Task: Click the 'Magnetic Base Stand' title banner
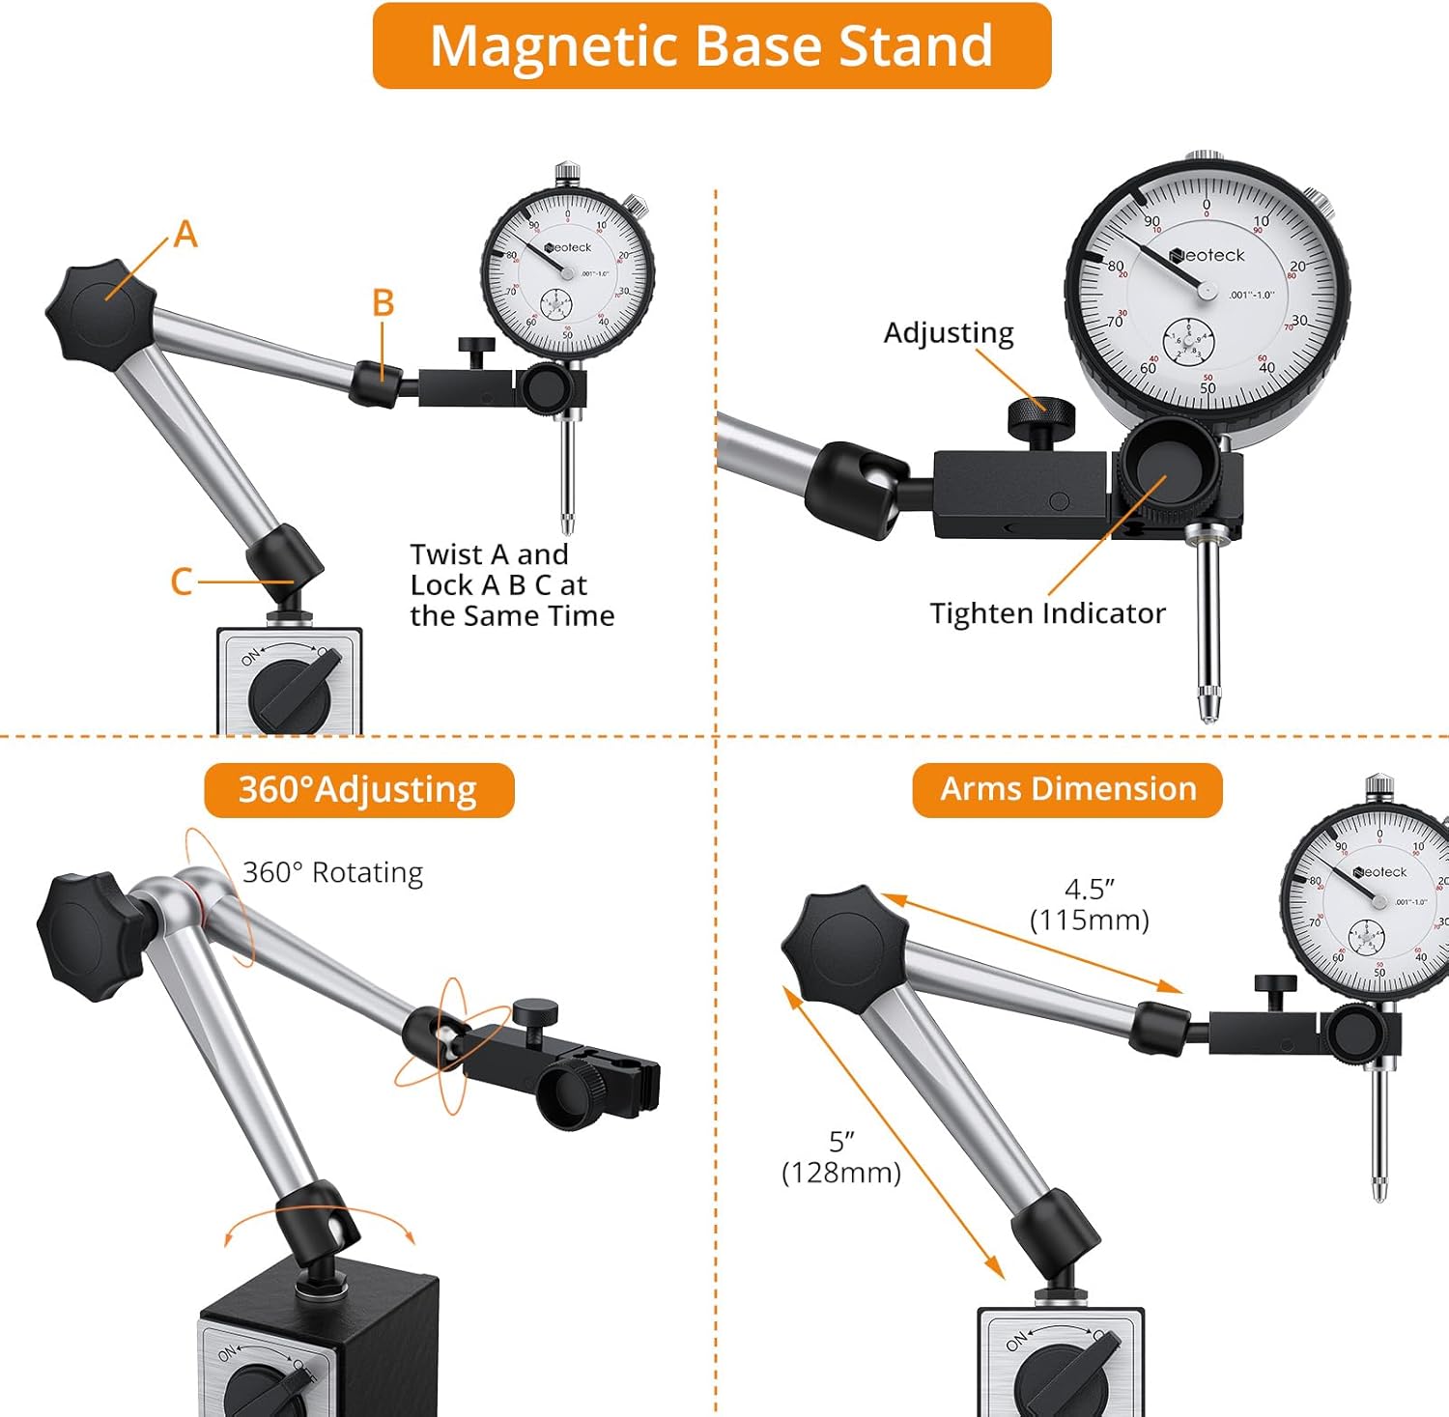(x=712, y=45)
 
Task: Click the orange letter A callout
(x=185, y=235)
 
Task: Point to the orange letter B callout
(x=383, y=303)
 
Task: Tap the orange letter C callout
(x=181, y=581)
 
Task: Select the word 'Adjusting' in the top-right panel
(x=949, y=332)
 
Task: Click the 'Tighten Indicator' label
(x=1047, y=613)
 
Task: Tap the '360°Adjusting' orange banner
(x=358, y=790)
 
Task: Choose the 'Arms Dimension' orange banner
(x=1067, y=789)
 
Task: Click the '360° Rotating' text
(x=332, y=872)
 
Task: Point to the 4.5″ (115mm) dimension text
(x=1090, y=904)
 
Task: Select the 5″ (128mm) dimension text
(x=840, y=1156)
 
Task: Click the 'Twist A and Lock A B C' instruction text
(x=512, y=584)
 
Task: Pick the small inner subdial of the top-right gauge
(x=1188, y=343)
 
